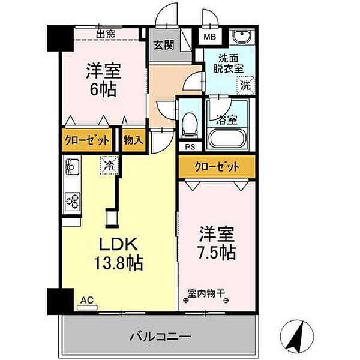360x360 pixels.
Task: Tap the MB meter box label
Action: click(209, 37)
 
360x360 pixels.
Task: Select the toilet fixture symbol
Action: click(190, 123)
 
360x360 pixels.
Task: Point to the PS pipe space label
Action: click(190, 146)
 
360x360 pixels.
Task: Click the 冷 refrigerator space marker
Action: click(109, 162)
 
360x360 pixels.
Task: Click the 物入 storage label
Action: click(133, 140)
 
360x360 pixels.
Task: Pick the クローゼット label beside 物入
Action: click(88, 140)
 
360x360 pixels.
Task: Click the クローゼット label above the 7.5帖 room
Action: click(216, 167)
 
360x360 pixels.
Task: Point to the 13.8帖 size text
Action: click(118, 262)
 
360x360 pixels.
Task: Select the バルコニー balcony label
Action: click(160, 335)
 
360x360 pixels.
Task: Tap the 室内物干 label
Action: click(206, 294)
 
